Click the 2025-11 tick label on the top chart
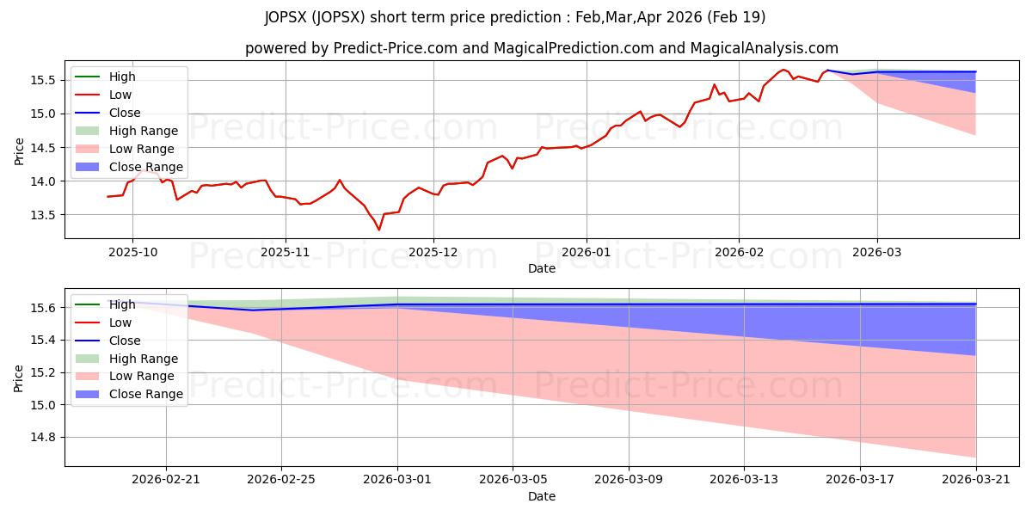click(x=286, y=253)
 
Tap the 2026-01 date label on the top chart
click(x=586, y=253)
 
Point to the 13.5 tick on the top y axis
click(x=43, y=215)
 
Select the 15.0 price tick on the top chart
click(x=43, y=114)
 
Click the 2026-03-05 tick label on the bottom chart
click(x=513, y=480)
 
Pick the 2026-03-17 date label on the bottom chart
click(x=860, y=480)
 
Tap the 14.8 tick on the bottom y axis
click(x=43, y=437)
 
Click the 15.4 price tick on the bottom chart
click(x=43, y=341)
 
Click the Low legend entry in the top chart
click(x=103, y=95)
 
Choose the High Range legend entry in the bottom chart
click(x=126, y=359)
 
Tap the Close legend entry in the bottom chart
click(x=107, y=341)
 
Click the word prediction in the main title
click(x=525, y=17)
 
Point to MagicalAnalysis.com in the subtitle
click(x=764, y=48)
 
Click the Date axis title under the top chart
click(x=542, y=268)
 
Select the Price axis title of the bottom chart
click(x=18, y=378)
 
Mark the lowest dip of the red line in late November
click(x=379, y=230)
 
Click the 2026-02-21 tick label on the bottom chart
click(x=166, y=480)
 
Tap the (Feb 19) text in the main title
click(x=737, y=17)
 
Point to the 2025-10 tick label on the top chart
click(x=132, y=253)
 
